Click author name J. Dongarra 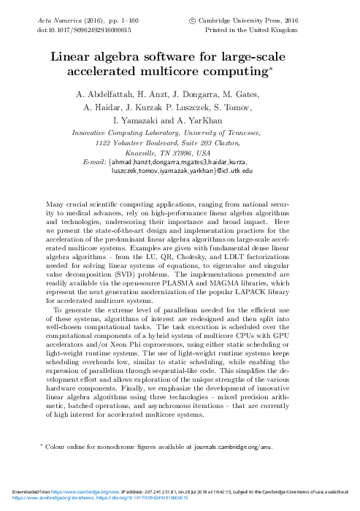tap(189, 95)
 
